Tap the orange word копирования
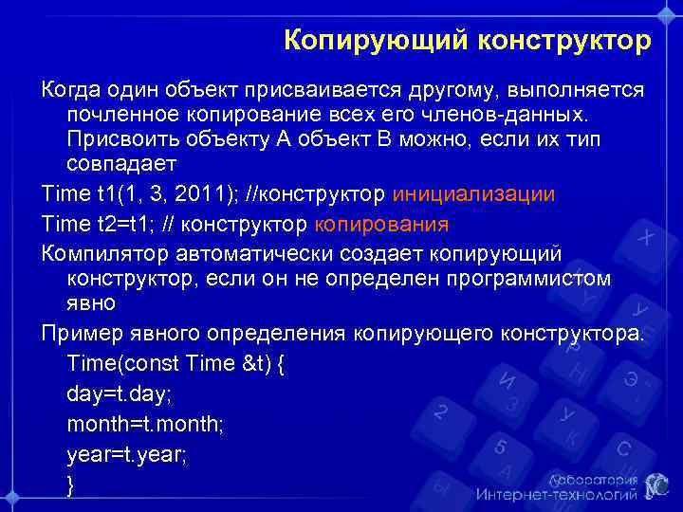379,225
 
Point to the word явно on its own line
92,305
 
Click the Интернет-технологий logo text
556,494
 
